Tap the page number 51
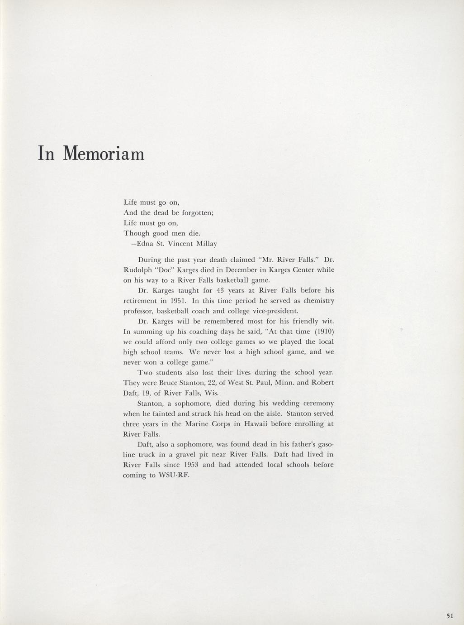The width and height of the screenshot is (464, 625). (450, 615)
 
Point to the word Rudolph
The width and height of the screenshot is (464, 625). (137, 270)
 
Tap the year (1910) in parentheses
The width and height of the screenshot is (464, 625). (324, 332)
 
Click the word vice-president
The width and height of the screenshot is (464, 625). (275, 311)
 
